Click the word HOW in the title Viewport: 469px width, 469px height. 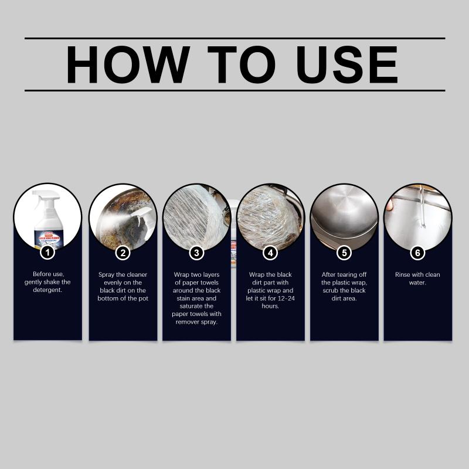[x=128, y=64]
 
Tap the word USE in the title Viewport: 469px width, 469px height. [x=347, y=64]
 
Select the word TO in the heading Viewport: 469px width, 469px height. [x=242, y=64]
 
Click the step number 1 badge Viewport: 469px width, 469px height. [x=47, y=253]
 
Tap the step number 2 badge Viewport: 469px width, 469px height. [x=123, y=253]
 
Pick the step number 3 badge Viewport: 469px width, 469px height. [x=196, y=253]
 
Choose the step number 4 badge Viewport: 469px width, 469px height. [x=270, y=253]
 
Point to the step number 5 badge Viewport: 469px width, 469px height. [x=344, y=253]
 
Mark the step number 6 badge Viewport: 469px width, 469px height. [x=417, y=253]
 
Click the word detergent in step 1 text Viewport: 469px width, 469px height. [x=47, y=290]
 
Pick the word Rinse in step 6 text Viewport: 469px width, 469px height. [x=403, y=274]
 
